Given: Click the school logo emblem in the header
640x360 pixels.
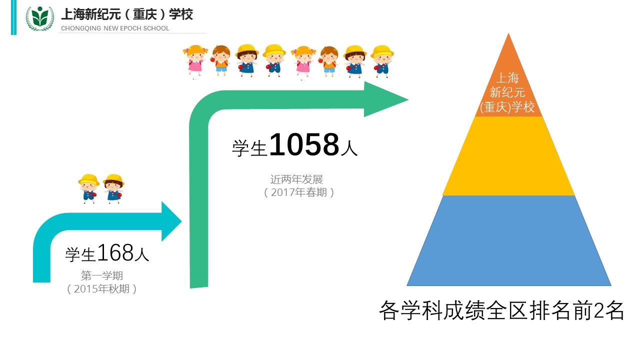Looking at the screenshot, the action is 40,18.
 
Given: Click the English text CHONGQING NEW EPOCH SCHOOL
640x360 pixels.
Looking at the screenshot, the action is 115,28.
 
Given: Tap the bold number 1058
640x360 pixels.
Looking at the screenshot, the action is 304,144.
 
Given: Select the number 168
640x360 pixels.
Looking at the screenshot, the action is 115,252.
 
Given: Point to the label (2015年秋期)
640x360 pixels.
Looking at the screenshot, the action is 101,289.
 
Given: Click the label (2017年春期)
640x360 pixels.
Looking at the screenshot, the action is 299,192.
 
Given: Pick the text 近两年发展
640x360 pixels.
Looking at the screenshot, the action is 296,179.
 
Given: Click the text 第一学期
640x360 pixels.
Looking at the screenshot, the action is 102,275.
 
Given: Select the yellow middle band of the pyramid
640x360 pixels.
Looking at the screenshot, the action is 508,156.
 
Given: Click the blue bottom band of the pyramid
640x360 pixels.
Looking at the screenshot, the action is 508,240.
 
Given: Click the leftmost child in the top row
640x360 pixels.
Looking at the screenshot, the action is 195,61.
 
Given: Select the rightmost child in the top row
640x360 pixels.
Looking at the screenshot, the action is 382,61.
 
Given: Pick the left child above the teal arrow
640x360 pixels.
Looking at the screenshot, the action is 89,188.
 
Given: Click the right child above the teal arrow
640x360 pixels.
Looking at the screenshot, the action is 113,188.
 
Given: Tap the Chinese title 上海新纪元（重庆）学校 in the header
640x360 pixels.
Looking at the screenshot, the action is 127,14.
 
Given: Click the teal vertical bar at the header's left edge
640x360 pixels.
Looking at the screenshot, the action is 13,17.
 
